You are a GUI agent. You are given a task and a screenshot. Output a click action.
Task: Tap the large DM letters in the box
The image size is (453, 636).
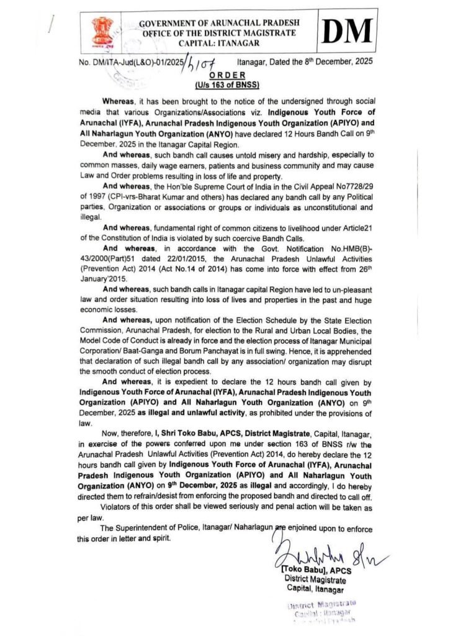click(348, 31)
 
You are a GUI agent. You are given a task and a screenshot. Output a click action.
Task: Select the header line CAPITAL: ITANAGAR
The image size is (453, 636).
click(220, 42)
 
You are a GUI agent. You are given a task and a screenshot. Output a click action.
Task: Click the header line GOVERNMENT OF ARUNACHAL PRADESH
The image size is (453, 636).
click(220, 22)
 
